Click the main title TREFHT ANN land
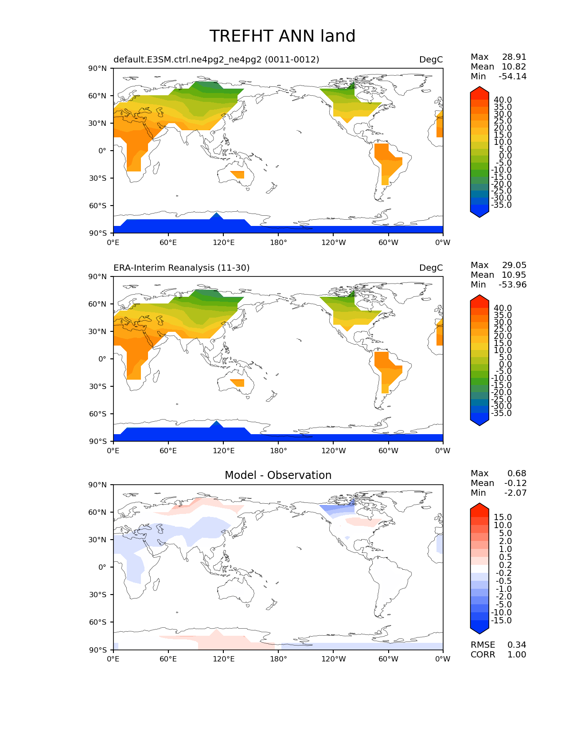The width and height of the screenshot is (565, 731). (x=282, y=36)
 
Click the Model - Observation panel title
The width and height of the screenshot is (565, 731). (x=278, y=475)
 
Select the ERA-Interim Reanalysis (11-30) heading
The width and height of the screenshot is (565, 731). (x=182, y=268)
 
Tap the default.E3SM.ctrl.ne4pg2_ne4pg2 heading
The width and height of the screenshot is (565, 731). (x=216, y=59)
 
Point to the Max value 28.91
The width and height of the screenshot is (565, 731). (x=514, y=57)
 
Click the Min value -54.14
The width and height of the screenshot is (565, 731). (x=512, y=77)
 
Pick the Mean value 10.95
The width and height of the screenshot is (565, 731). (x=514, y=275)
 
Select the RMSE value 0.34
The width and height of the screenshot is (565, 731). (x=517, y=645)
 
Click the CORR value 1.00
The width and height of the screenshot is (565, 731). (x=517, y=655)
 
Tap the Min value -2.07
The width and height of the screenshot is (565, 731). (x=516, y=493)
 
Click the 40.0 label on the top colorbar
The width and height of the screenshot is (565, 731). (x=503, y=100)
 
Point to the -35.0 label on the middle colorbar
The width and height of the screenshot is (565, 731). (x=501, y=413)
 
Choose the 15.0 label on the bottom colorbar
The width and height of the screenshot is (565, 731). (x=503, y=517)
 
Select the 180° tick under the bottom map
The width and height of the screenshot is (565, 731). (x=278, y=659)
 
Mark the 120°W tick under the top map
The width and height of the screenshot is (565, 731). (x=333, y=242)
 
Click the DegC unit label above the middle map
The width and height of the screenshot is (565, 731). (x=431, y=268)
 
